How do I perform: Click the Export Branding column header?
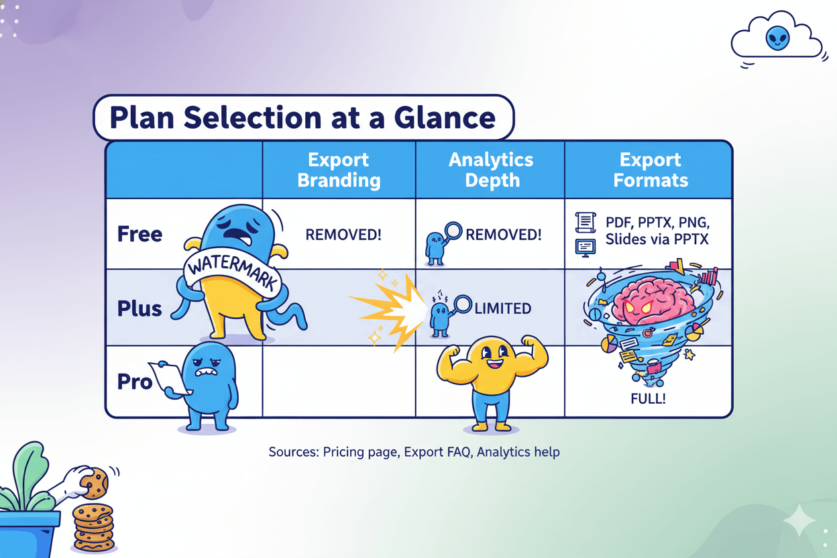pos(339,170)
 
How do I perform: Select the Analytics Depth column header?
pos(491,170)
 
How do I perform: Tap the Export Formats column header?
pos(650,170)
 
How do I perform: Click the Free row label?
pos(139,234)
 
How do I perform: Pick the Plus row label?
pos(139,309)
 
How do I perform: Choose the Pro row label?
pos(135,382)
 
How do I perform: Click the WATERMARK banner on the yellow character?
pos(230,270)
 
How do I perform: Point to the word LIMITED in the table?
pos(502,309)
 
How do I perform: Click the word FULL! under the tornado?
pos(647,398)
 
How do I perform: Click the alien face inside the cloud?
pos(777,38)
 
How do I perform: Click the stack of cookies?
pos(93,527)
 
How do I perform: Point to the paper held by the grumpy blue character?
pos(169,377)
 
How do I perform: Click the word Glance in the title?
pos(439,118)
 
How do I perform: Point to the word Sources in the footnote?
pos(293,452)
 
